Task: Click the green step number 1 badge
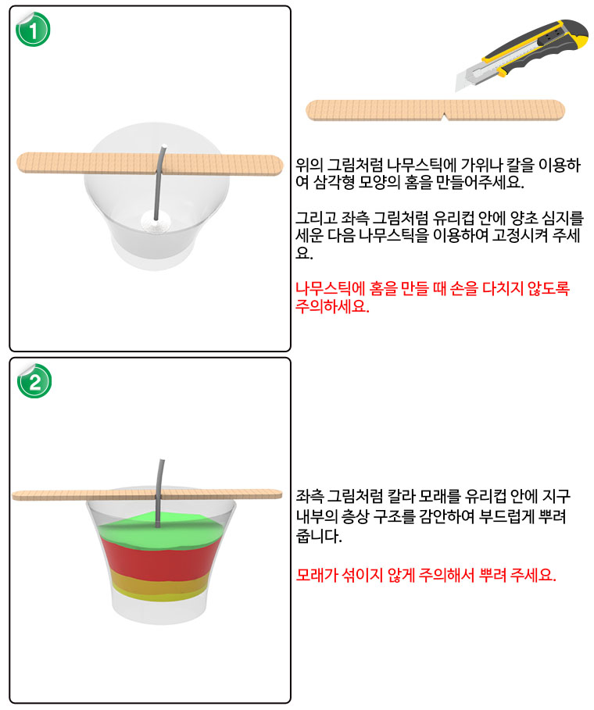[x=33, y=30]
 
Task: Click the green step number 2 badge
[x=34, y=381]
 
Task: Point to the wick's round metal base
[x=156, y=221]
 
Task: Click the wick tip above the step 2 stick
[x=163, y=462]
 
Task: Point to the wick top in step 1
[x=164, y=146]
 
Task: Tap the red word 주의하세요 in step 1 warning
[x=332, y=307]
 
